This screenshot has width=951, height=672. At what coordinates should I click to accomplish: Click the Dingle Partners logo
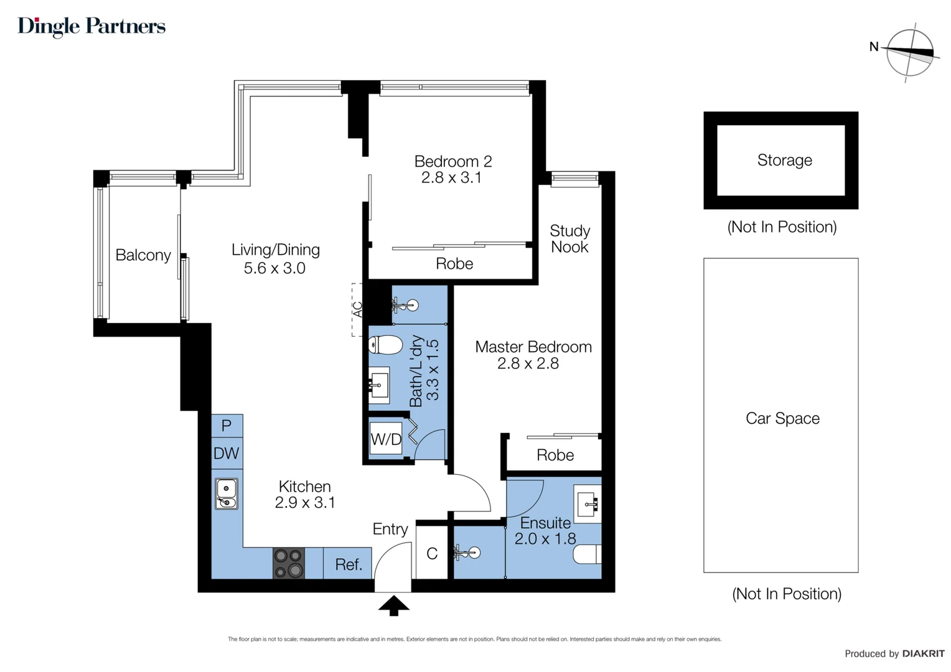91,26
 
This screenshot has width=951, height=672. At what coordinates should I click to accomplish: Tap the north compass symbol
909,53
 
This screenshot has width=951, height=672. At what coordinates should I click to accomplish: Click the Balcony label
143,255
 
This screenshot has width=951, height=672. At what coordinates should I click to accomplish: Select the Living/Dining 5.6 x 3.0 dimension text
274,268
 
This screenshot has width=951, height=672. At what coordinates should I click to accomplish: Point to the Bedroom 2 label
453,161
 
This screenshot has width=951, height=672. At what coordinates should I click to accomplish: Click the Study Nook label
569,239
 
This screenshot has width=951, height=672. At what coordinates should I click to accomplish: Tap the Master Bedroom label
533,347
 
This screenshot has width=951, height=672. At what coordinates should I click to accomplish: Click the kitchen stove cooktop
289,563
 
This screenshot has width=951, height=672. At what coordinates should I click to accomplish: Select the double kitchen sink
227,493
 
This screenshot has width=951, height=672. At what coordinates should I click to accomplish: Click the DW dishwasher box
226,453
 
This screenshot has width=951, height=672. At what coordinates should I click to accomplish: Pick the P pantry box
227,426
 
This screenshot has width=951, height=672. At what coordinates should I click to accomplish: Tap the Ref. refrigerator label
349,564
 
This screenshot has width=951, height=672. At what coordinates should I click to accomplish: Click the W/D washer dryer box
386,439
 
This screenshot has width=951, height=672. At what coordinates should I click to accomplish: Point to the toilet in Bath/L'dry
385,344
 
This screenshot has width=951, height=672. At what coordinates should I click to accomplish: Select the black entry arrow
393,605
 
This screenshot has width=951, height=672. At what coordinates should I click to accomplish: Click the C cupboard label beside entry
432,553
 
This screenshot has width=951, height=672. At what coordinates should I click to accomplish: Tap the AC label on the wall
358,309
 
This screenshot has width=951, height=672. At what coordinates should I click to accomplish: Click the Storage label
784,160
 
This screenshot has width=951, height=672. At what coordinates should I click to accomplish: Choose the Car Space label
782,418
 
